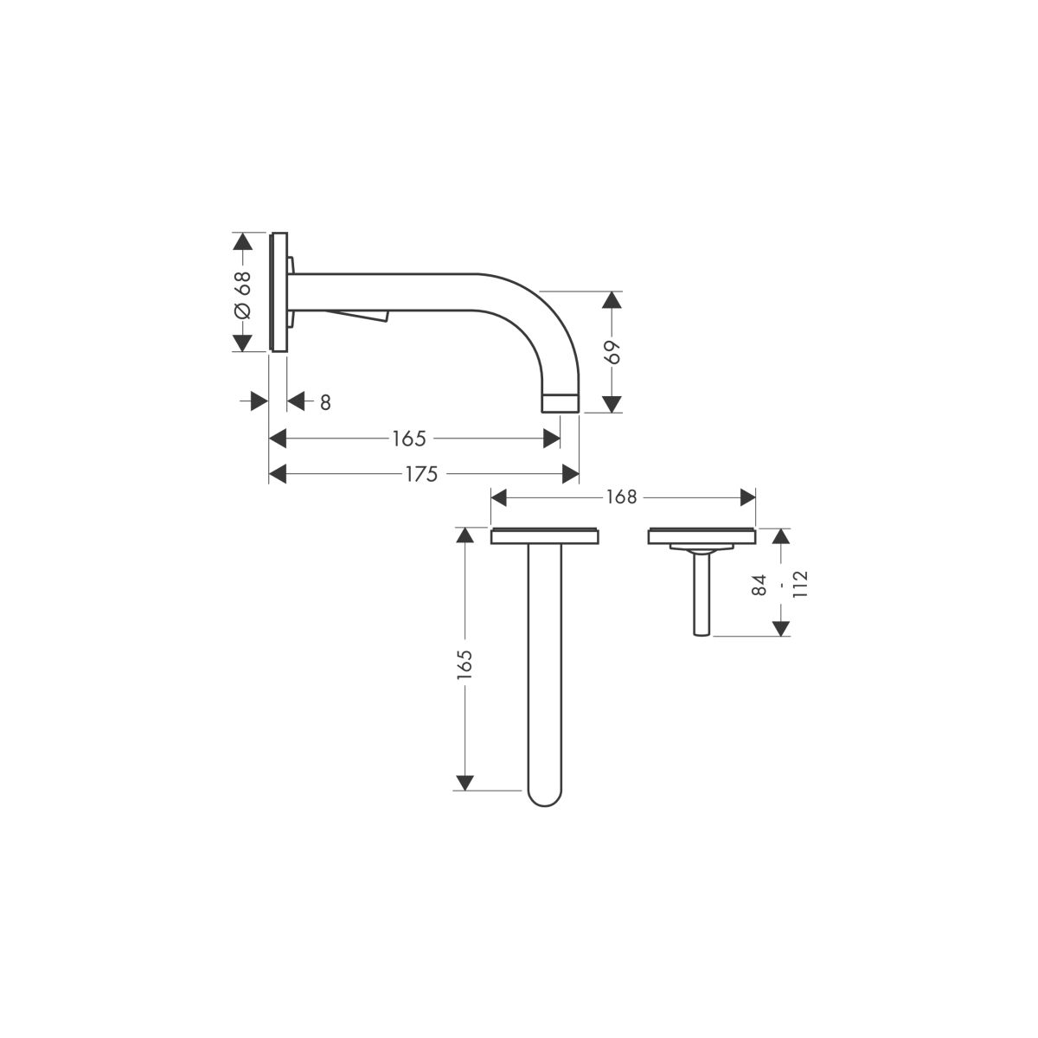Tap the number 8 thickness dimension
point(325,402)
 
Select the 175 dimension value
point(421,475)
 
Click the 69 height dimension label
point(612,352)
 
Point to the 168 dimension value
point(622,497)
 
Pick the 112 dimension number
point(800,584)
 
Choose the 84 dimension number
point(759,585)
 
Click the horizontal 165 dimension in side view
point(409,439)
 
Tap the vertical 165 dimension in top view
point(465,664)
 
